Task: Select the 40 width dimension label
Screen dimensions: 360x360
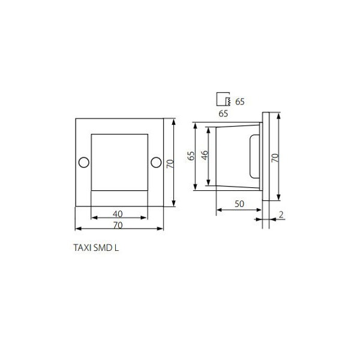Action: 118,214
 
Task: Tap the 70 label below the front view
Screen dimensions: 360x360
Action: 118,225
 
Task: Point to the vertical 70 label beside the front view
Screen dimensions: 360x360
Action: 170,164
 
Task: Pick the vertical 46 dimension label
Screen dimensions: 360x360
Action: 205,155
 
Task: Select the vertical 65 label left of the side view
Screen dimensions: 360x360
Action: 191,155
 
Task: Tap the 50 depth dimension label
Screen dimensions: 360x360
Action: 239,203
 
